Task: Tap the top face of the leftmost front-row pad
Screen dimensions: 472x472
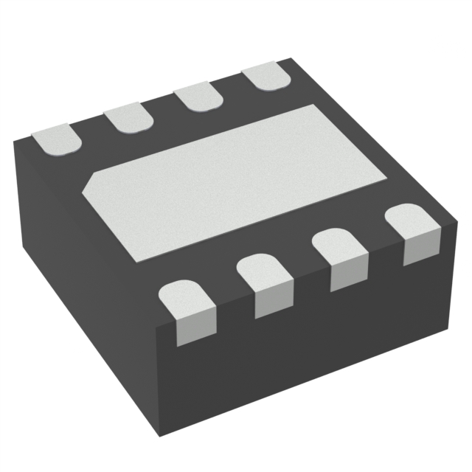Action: coord(184,296)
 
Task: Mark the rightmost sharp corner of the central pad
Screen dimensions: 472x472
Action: coord(386,179)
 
